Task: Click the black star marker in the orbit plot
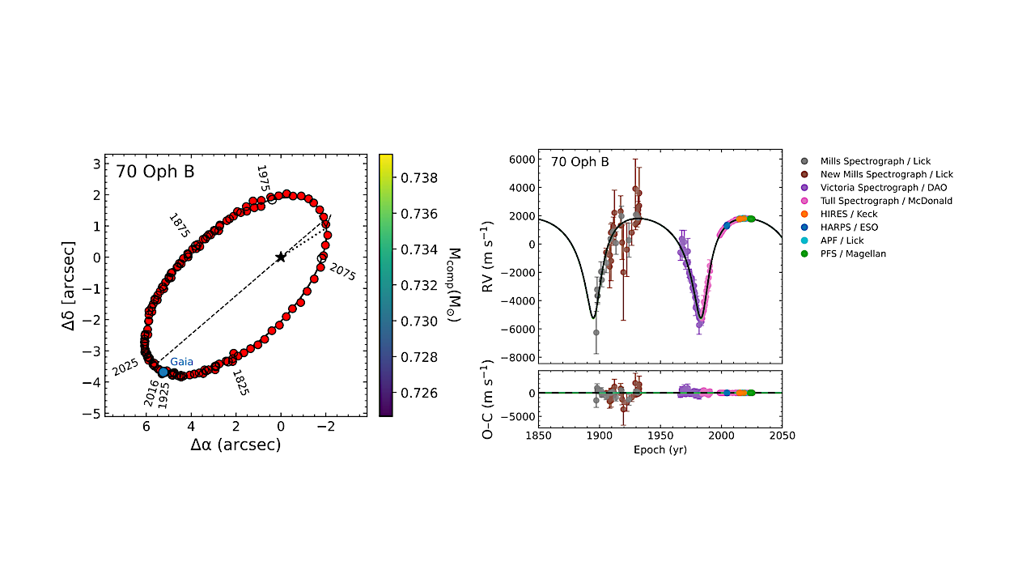tap(281, 257)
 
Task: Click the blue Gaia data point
tap(163, 372)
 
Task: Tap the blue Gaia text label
tap(181, 362)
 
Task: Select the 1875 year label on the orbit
tap(179, 224)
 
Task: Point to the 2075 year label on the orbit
tap(342, 270)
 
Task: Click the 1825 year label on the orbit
tap(240, 381)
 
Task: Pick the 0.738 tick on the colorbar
tap(419, 177)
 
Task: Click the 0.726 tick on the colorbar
tap(419, 393)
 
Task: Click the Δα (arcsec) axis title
tap(235, 445)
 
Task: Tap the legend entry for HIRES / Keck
tap(849, 214)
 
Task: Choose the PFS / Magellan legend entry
tap(853, 253)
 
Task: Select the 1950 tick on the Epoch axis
tap(660, 436)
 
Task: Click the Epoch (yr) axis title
tap(660, 449)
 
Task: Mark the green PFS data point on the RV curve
tap(751, 219)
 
